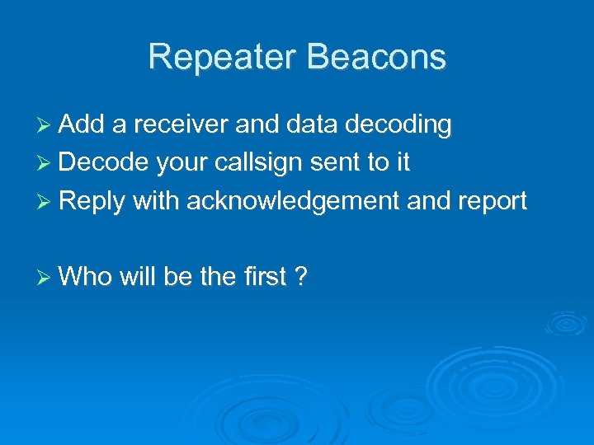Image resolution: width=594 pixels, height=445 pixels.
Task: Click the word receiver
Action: (181, 125)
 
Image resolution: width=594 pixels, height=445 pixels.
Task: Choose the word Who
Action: (86, 277)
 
